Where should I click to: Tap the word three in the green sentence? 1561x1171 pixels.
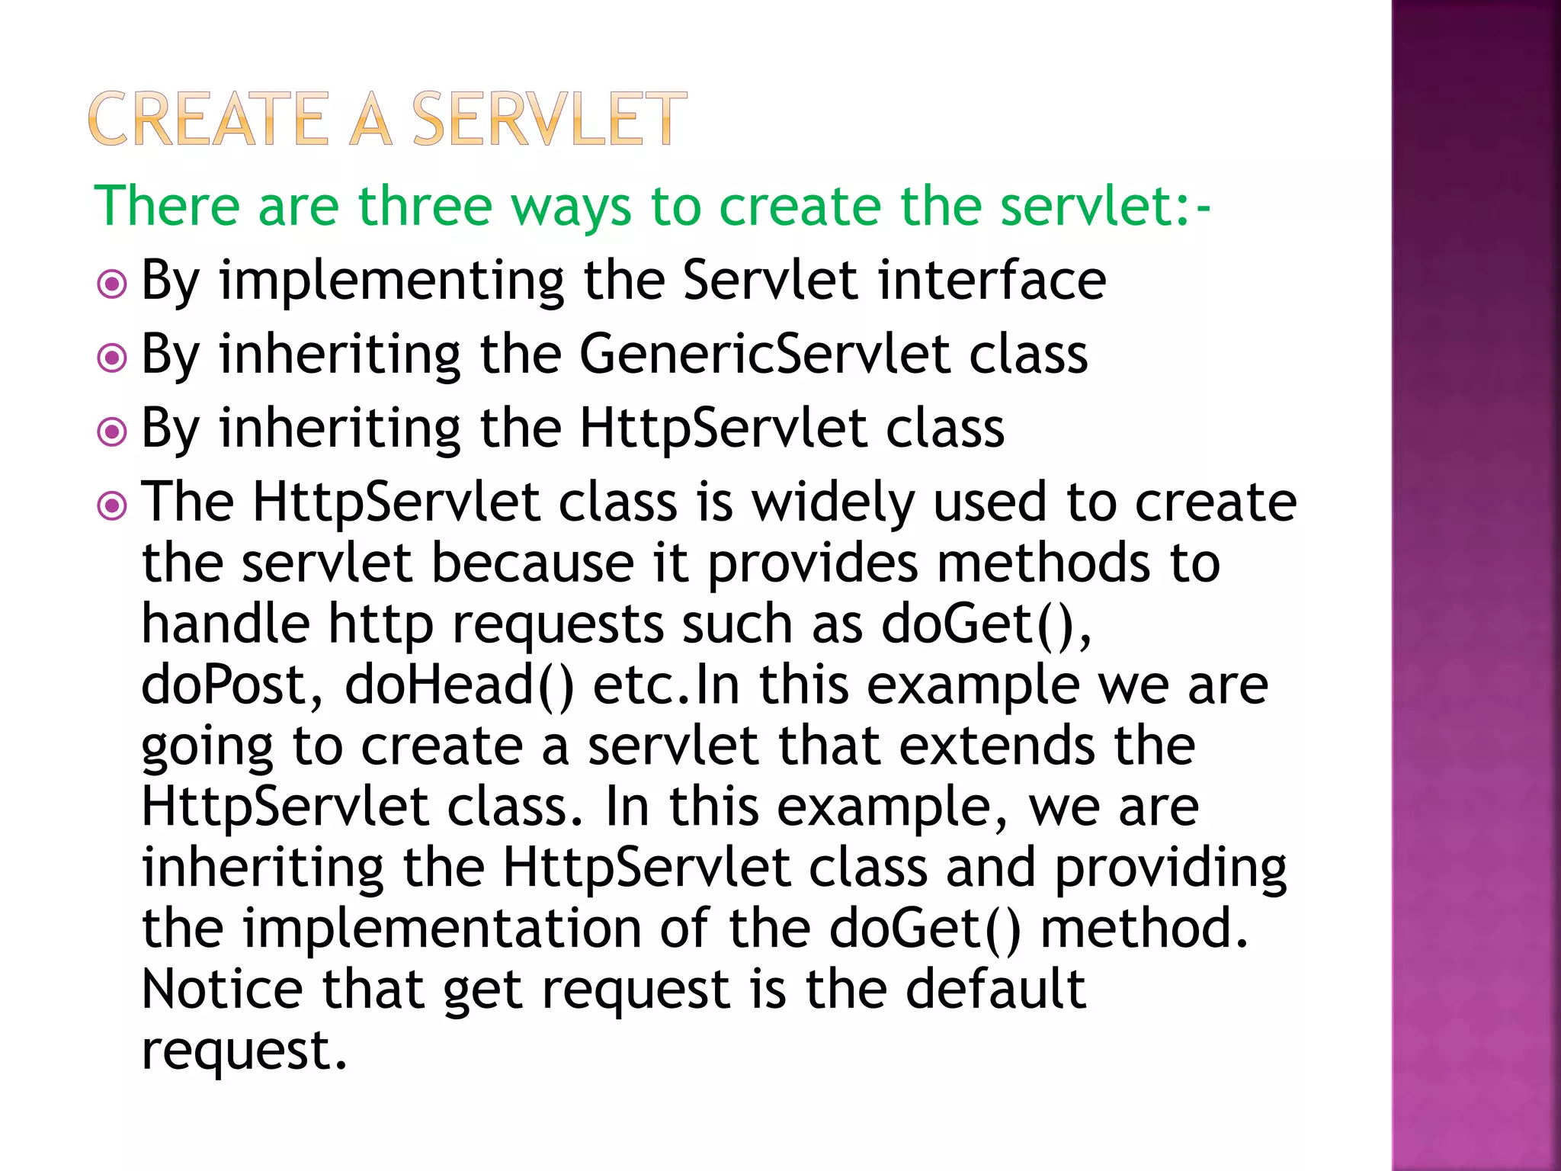tap(425, 207)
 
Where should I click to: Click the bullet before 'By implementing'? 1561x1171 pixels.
tap(112, 285)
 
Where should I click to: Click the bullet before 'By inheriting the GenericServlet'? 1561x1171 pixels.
tap(112, 358)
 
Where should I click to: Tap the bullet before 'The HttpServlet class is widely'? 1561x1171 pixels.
tap(112, 505)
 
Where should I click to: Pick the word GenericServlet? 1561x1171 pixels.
tap(764, 355)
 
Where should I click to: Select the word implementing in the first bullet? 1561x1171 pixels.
tap(391, 282)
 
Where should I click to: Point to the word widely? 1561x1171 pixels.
tap(833, 504)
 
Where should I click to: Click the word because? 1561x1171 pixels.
tap(533, 563)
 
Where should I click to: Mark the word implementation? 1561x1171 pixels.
tap(442, 929)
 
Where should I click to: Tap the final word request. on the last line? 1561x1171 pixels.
tap(244, 1051)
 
